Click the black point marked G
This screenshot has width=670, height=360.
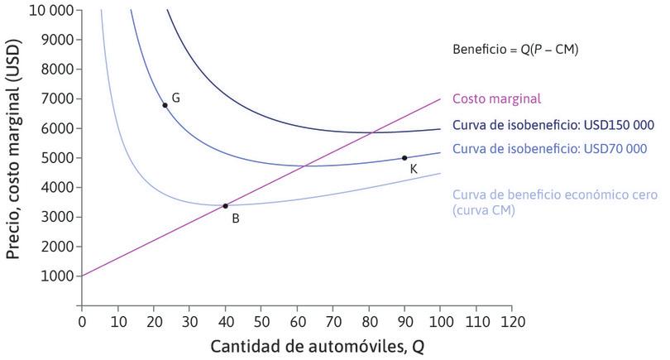tap(165, 105)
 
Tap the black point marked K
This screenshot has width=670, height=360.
tap(404, 158)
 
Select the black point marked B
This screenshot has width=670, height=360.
tap(225, 205)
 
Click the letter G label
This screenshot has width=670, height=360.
tap(175, 98)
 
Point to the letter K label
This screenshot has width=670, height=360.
tap(414, 169)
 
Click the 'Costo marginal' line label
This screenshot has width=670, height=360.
tap(496, 98)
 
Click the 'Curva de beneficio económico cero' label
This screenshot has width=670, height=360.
tap(555, 195)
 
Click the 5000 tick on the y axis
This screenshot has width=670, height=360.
tap(56, 158)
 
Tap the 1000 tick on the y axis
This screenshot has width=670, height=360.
tap(56, 276)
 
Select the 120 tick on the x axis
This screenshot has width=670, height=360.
tap(512, 319)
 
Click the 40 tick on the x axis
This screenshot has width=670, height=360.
tap(225, 319)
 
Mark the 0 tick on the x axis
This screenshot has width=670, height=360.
tap(82, 319)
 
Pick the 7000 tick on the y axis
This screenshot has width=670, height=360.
tap(56, 99)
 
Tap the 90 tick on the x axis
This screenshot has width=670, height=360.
tap(404, 319)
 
